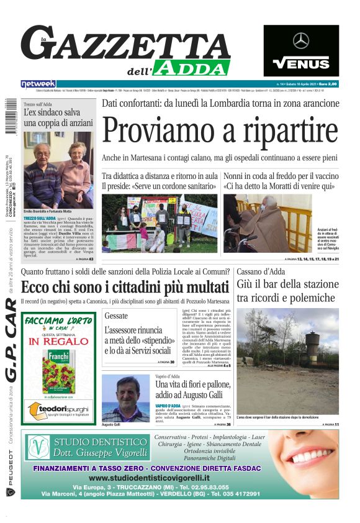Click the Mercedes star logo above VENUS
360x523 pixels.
301,41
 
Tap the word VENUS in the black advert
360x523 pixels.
301,63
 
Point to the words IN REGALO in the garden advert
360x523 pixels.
59,341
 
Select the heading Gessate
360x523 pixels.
116,316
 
